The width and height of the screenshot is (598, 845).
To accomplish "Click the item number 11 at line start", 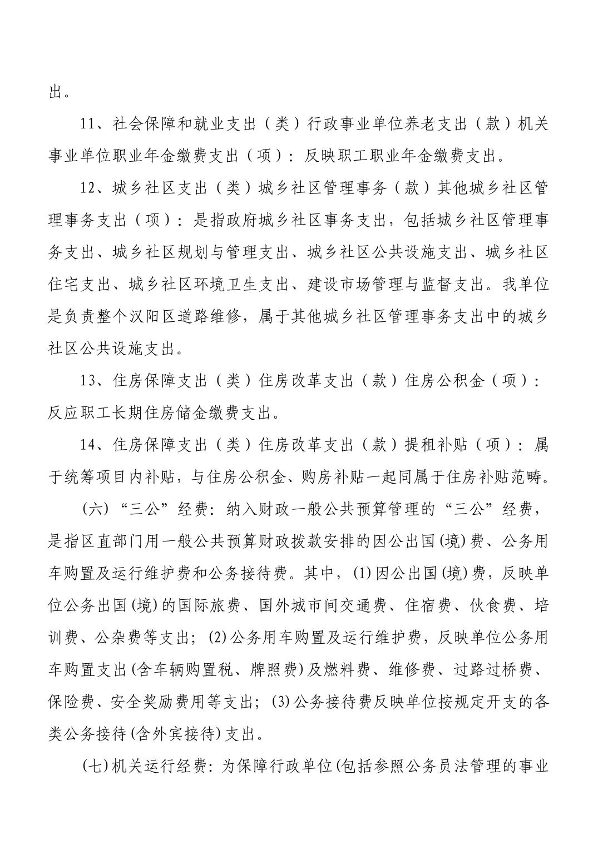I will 88,124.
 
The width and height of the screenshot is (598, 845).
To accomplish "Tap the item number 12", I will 88,188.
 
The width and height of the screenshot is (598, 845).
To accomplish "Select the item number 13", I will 88,381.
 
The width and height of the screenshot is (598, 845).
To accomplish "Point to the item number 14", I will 88,445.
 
